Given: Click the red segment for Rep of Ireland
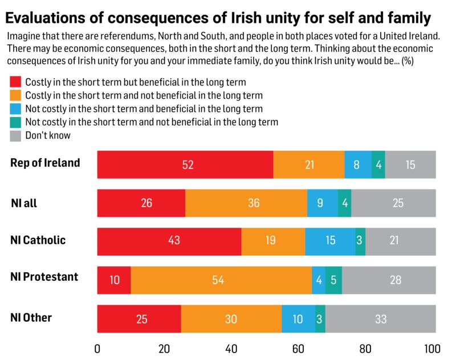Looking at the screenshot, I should pos(185,165).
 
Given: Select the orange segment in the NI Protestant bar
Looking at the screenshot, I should pos(221,280).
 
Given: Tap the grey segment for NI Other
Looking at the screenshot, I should pos(380,318).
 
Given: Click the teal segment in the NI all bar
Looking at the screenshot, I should pos(344,203).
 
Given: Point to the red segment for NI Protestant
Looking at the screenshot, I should pos(114,280).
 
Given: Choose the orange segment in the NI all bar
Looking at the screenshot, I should pos(246,203).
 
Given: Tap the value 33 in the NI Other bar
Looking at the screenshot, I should pos(380,319).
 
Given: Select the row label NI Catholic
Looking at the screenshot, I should pos(38,240).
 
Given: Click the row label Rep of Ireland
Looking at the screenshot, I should pos(45,163).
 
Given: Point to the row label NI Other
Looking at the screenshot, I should pos(31,317).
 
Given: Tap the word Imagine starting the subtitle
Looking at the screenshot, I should pos(25,37).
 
